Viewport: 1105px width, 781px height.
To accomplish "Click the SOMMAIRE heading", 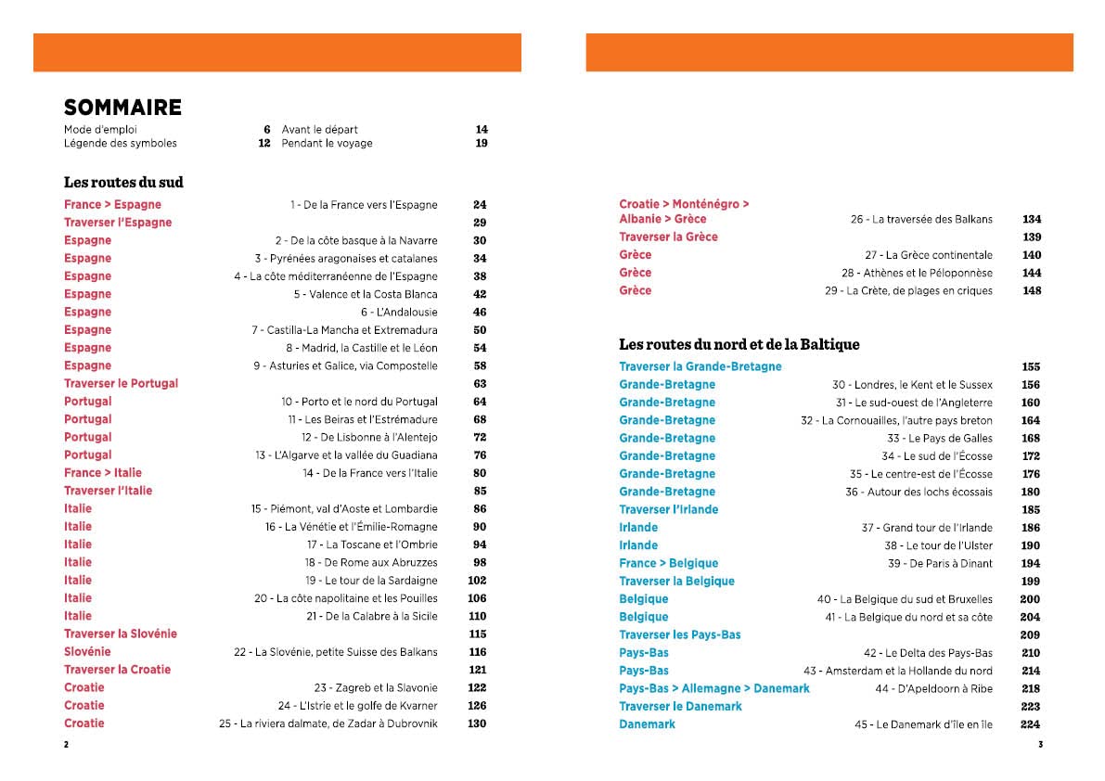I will [122, 108].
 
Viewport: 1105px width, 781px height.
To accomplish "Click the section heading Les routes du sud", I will [123, 182].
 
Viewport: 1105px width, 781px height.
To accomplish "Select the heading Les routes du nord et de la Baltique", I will [739, 344].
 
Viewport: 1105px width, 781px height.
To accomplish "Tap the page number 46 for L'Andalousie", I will [479, 312].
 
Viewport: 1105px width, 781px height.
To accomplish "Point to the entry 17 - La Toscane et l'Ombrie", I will [372, 544].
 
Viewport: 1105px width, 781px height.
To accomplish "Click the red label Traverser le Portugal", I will [121, 383].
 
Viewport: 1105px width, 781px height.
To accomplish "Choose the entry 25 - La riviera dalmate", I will [328, 723].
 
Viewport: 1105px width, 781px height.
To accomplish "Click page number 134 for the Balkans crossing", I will [1031, 219].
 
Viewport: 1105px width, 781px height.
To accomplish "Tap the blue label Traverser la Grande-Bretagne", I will [700, 366].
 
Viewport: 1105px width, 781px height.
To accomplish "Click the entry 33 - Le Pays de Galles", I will [939, 438].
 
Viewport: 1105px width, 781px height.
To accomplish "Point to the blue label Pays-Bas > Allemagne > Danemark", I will [713, 688].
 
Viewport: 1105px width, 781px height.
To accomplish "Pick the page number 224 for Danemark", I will [1030, 724].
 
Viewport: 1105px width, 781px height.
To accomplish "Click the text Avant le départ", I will [320, 129].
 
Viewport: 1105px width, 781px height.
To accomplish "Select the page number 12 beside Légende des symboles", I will [264, 143].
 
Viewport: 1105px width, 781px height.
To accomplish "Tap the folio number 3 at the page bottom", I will [1040, 744].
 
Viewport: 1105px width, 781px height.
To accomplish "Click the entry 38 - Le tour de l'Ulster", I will [938, 545].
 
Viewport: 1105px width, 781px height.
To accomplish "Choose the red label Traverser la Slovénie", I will [121, 634].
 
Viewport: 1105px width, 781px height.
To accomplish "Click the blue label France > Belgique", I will [668, 563].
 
